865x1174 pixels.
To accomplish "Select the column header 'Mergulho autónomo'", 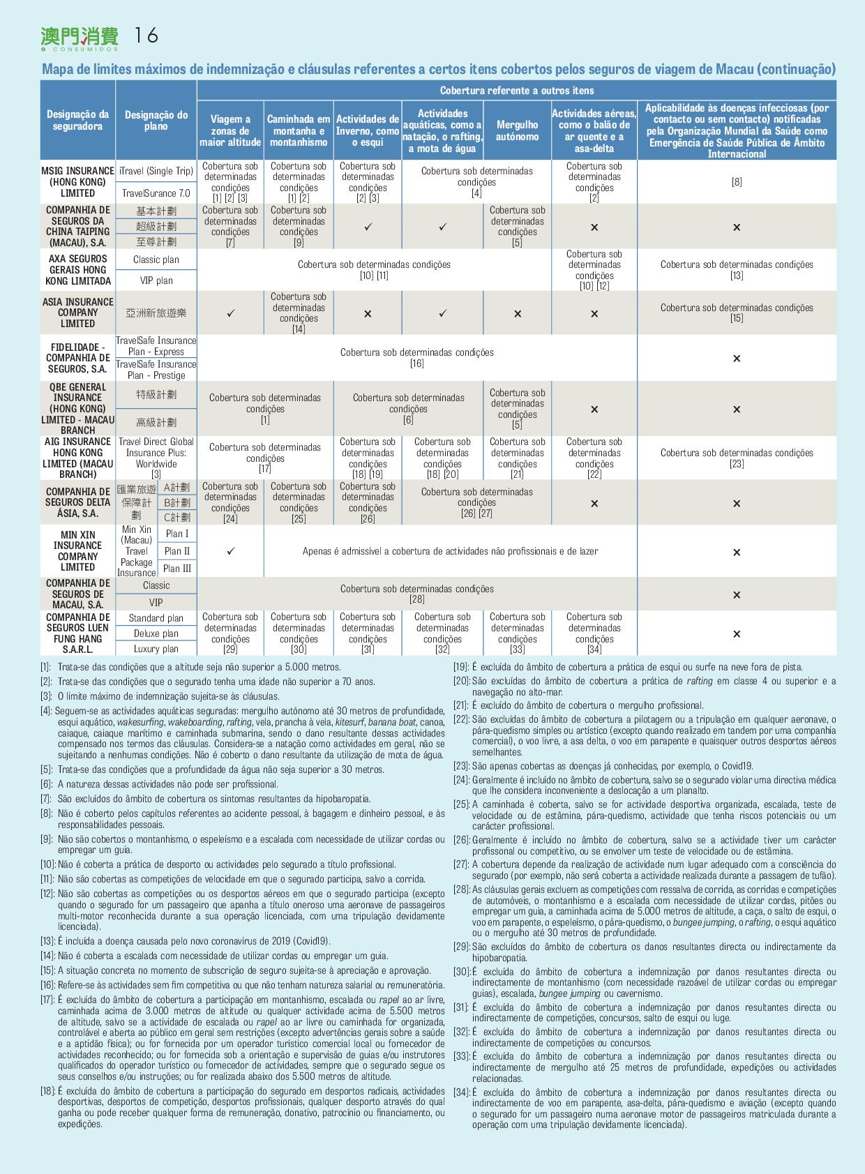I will point(517,131).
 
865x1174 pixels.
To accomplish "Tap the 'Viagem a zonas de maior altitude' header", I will point(230,131).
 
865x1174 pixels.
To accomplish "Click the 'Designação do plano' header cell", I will point(156,121).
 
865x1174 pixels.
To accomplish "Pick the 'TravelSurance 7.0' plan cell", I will point(156,193).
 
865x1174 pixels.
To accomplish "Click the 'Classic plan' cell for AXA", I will point(156,259).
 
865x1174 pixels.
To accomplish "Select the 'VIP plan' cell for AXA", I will point(156,280).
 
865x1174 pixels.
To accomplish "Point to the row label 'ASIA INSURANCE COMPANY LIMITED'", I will point(77,313).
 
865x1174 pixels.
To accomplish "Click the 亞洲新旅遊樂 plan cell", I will point(156,313).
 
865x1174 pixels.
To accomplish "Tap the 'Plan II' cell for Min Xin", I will point(177,551).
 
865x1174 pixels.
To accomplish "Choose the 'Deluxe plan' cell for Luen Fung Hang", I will point(156,633).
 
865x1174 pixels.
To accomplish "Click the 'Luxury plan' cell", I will point(156,649).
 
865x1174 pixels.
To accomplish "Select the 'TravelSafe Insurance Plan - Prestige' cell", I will point(156,370).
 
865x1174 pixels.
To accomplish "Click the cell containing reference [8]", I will point(737,182).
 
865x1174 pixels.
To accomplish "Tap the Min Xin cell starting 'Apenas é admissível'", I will point(450,551).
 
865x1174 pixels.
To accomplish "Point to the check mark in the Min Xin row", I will point(231,551).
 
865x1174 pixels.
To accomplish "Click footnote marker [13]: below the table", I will point(47,941).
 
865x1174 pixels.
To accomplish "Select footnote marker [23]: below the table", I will point(461,766).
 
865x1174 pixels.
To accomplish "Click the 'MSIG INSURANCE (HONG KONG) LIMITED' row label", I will point(77,182).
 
